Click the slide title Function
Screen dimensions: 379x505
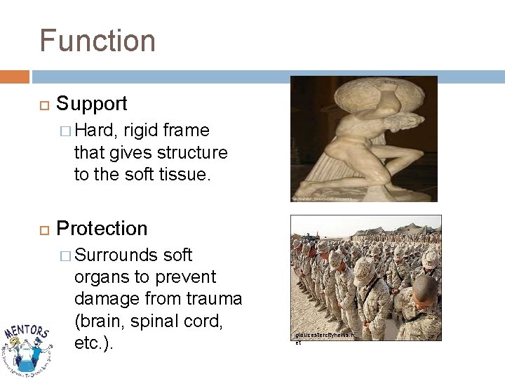point(97,41)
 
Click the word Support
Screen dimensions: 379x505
point(92,104)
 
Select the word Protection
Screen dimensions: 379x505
point(102,229)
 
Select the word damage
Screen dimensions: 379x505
point(109,298)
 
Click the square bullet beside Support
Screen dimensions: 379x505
point(41,105)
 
